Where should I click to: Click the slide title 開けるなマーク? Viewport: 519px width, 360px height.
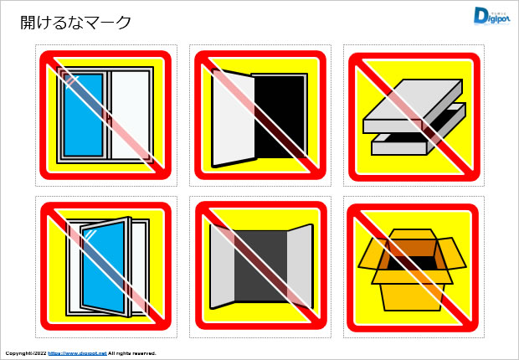click(x=76, y=23)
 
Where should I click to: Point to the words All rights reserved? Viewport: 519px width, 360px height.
click(x=131, y=353)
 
